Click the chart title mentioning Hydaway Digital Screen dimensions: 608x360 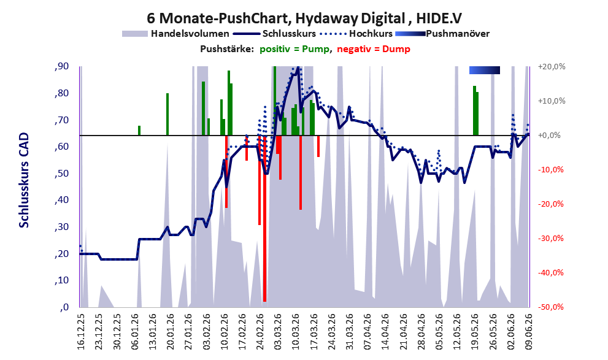(x=304, y=18)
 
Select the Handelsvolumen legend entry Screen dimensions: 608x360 (x=175, y=34)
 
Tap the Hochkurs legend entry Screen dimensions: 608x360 (x=356, y=34)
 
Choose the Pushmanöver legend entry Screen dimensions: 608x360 (x=442, y=34)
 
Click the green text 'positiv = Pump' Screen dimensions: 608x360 (x=294, y=49)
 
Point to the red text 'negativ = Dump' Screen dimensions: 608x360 (x=374, y=49)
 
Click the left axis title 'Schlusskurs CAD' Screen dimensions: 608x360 (x=24, y=180)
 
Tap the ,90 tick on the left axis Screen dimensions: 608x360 (x=62, y=66)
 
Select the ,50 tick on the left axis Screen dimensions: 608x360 (x=62, y=173)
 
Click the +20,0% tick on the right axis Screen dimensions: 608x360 (x=552, y=67)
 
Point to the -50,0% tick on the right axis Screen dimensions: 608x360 (x=550, y=307)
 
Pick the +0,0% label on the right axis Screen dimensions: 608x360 (x=549, y=136)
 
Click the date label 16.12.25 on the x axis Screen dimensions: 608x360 (x=80, y=331)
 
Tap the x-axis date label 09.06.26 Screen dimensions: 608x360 (x=528, y=331)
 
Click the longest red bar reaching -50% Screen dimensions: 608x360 (x=264, y=218)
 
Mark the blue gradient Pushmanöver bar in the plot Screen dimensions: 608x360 (x=484, y=70)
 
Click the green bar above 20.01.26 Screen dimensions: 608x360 (x=167, y=114)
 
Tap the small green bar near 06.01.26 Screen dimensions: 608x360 (x=139, y=131)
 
